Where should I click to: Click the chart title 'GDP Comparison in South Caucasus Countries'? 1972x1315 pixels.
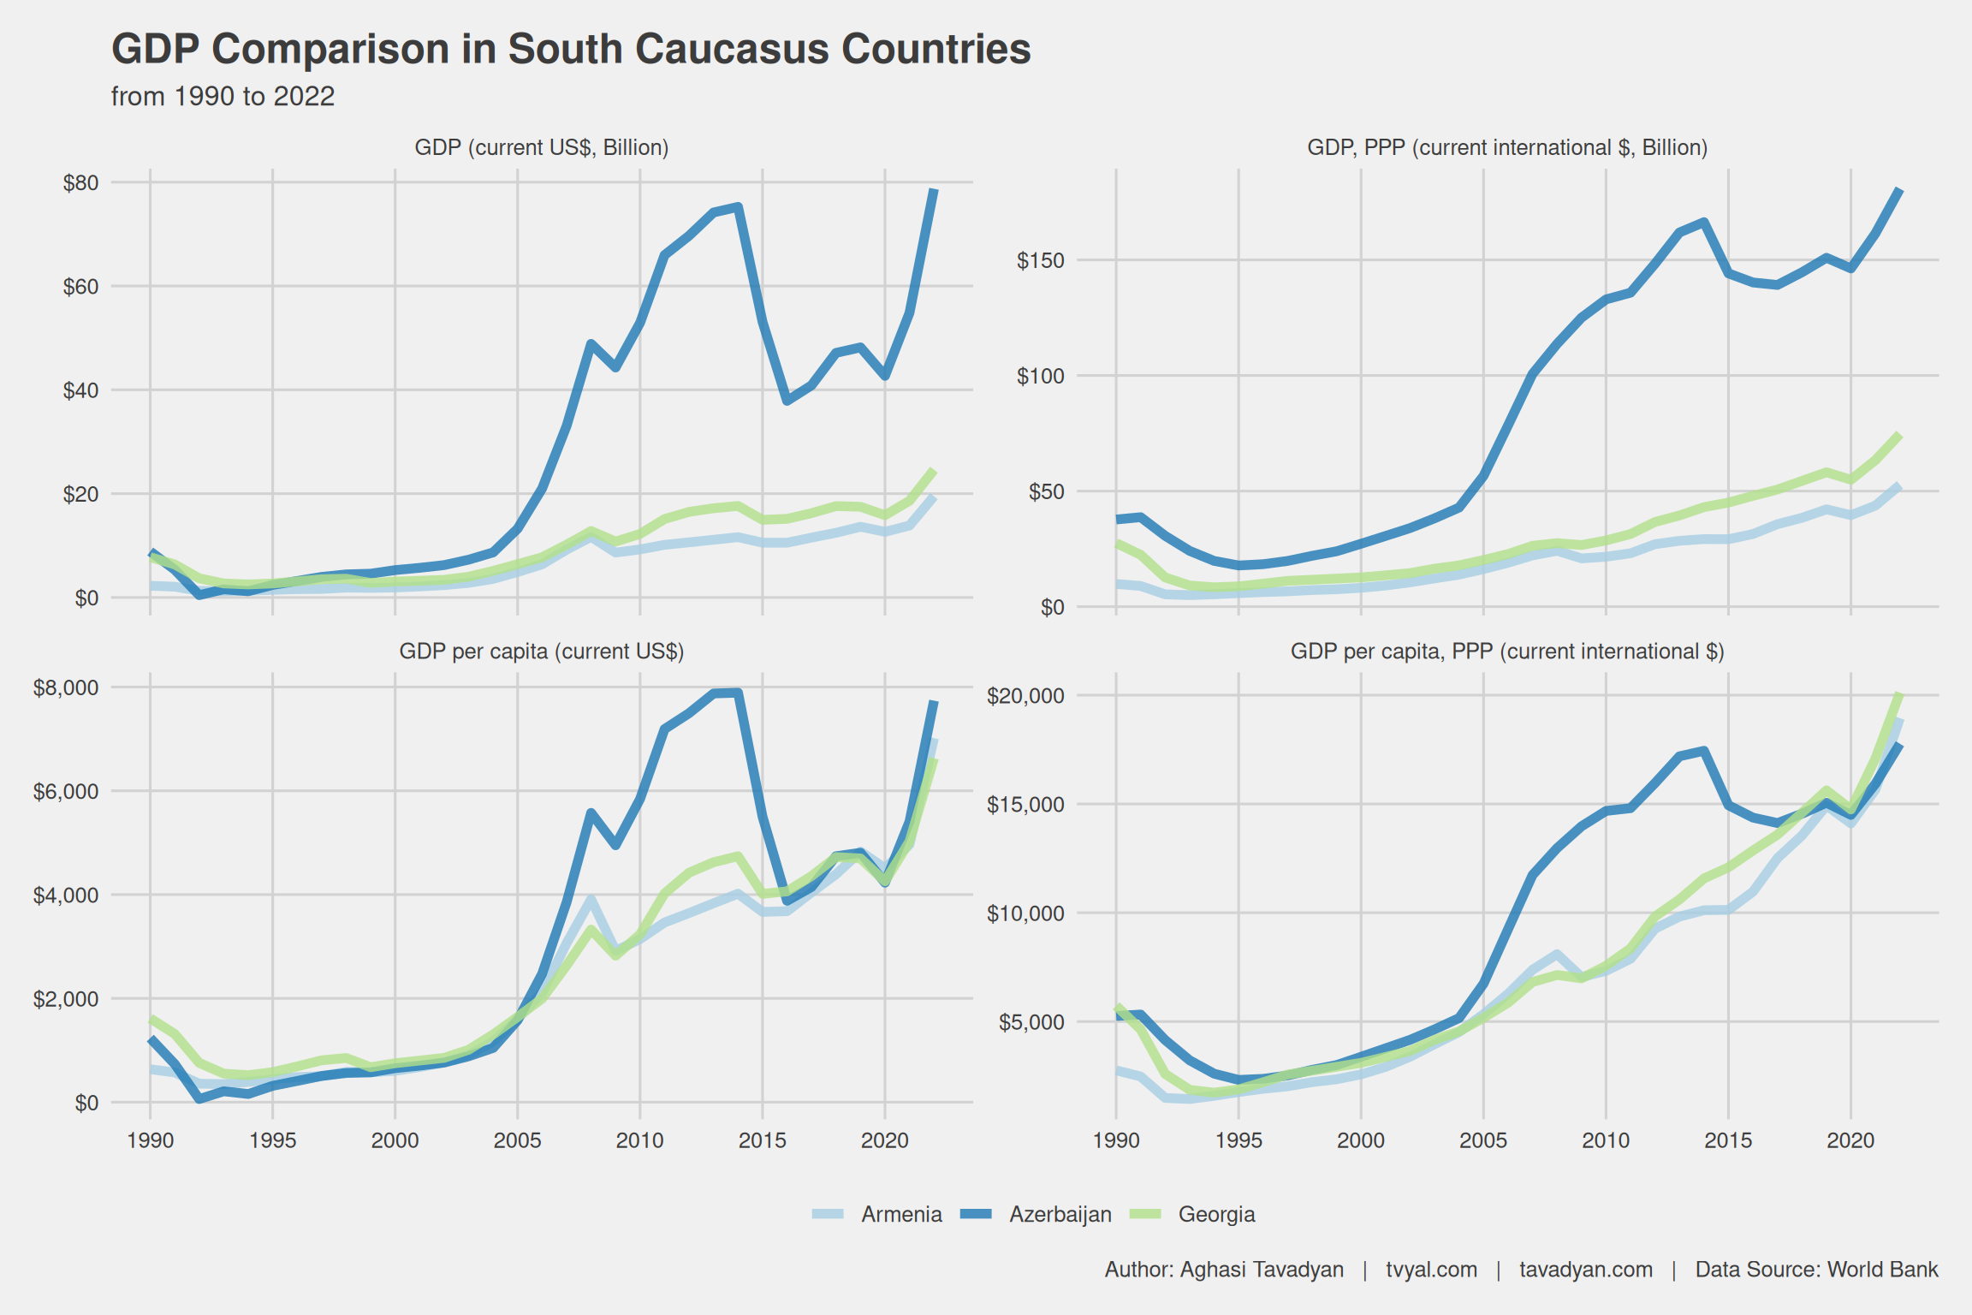click(x=571, y=49)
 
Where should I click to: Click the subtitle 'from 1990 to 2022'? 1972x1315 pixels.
click(x=223, y=97)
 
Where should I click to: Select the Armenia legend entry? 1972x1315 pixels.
click(x=900, y=1214)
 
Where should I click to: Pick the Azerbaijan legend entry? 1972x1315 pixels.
click(x=1060, y=1214)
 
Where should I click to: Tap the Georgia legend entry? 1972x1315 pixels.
click(x=1216, y=1214)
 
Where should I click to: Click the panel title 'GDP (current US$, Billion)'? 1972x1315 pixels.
click(x=541, y=147)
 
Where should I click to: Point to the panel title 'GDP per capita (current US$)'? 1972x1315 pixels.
click(x=541, y=652)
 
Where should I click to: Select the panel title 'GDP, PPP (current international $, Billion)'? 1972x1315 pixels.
click(x=1506, y=147)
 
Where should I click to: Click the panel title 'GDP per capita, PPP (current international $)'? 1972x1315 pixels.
click(x=1506, y=652)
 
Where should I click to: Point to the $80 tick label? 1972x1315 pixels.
click(x=80, y=182)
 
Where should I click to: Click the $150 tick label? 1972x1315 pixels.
click(x=1040, y=260)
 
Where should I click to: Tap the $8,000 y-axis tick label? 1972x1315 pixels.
click(x=66, y=687)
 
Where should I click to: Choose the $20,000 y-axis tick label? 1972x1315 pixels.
click(x=1025, y=695)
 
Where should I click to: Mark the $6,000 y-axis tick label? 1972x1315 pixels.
click(x=66, y=791)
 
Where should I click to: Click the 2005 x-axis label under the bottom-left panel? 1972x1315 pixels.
click(x=517, y=1140)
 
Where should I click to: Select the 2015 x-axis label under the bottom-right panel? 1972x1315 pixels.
click(x=1728, y=1140)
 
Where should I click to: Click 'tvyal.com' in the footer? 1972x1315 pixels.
click(x=1431, y=1270)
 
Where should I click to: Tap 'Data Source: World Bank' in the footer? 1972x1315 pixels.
click(x=1816, y=1270)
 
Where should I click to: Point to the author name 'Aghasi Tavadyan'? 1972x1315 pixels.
click(x=1261, y=1270)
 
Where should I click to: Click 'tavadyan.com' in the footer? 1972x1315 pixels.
click(x=1585, y=1270)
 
